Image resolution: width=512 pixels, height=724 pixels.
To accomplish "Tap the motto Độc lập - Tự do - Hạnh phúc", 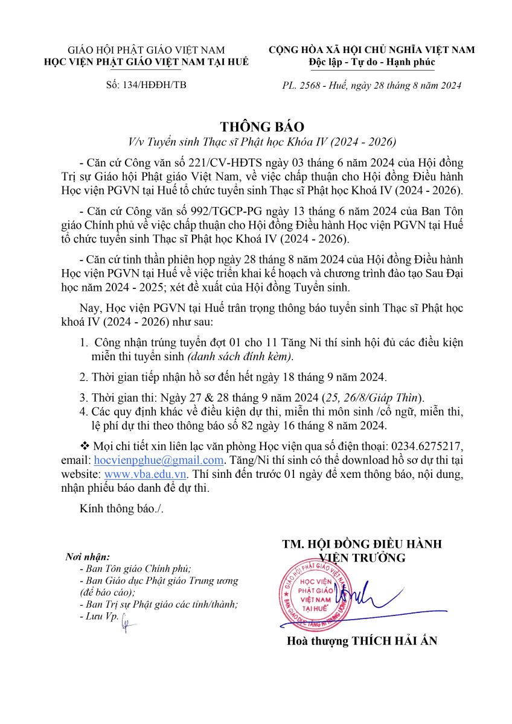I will (x=371, y=62).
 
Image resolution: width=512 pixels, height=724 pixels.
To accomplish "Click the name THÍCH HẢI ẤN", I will (x=392, y=641).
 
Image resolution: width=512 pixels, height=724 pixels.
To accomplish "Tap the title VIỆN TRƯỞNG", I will (x=362, y=557).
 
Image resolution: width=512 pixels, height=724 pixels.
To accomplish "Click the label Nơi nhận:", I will (x=88, y=556).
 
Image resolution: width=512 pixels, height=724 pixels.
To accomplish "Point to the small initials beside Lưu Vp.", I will (x=127, y=620).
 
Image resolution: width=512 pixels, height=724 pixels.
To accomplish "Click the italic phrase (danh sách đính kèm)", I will (x=248, y=357).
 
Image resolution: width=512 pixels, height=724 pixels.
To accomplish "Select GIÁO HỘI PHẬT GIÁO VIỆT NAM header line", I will (x=146, y=50).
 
